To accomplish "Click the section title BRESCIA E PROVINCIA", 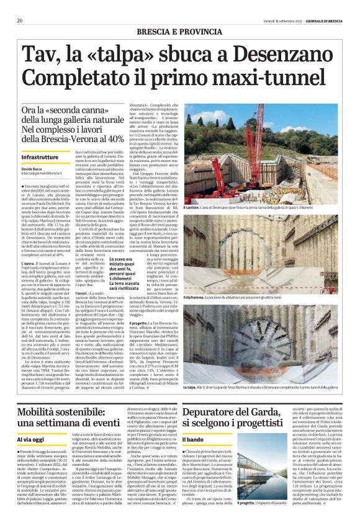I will [180, 30].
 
